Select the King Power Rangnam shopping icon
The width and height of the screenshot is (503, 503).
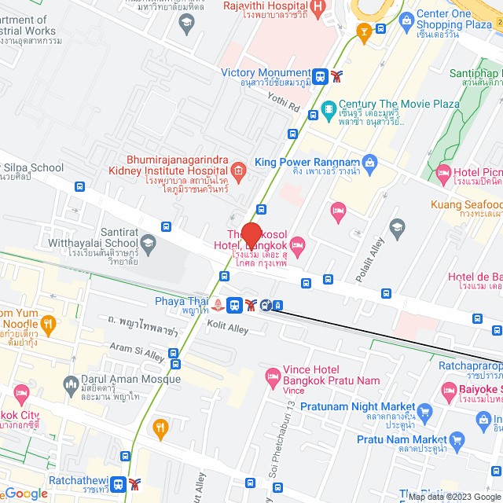coord(370,163)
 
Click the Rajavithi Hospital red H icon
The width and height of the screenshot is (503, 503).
coord(318,9)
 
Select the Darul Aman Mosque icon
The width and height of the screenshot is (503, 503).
coord(69,383)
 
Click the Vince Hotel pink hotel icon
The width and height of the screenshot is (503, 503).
coord(273,375)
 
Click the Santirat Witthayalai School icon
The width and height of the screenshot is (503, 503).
coord(148,244)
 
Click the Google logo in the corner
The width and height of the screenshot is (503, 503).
coord(26,494)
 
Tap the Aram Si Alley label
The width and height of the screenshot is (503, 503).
coord(138,351)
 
